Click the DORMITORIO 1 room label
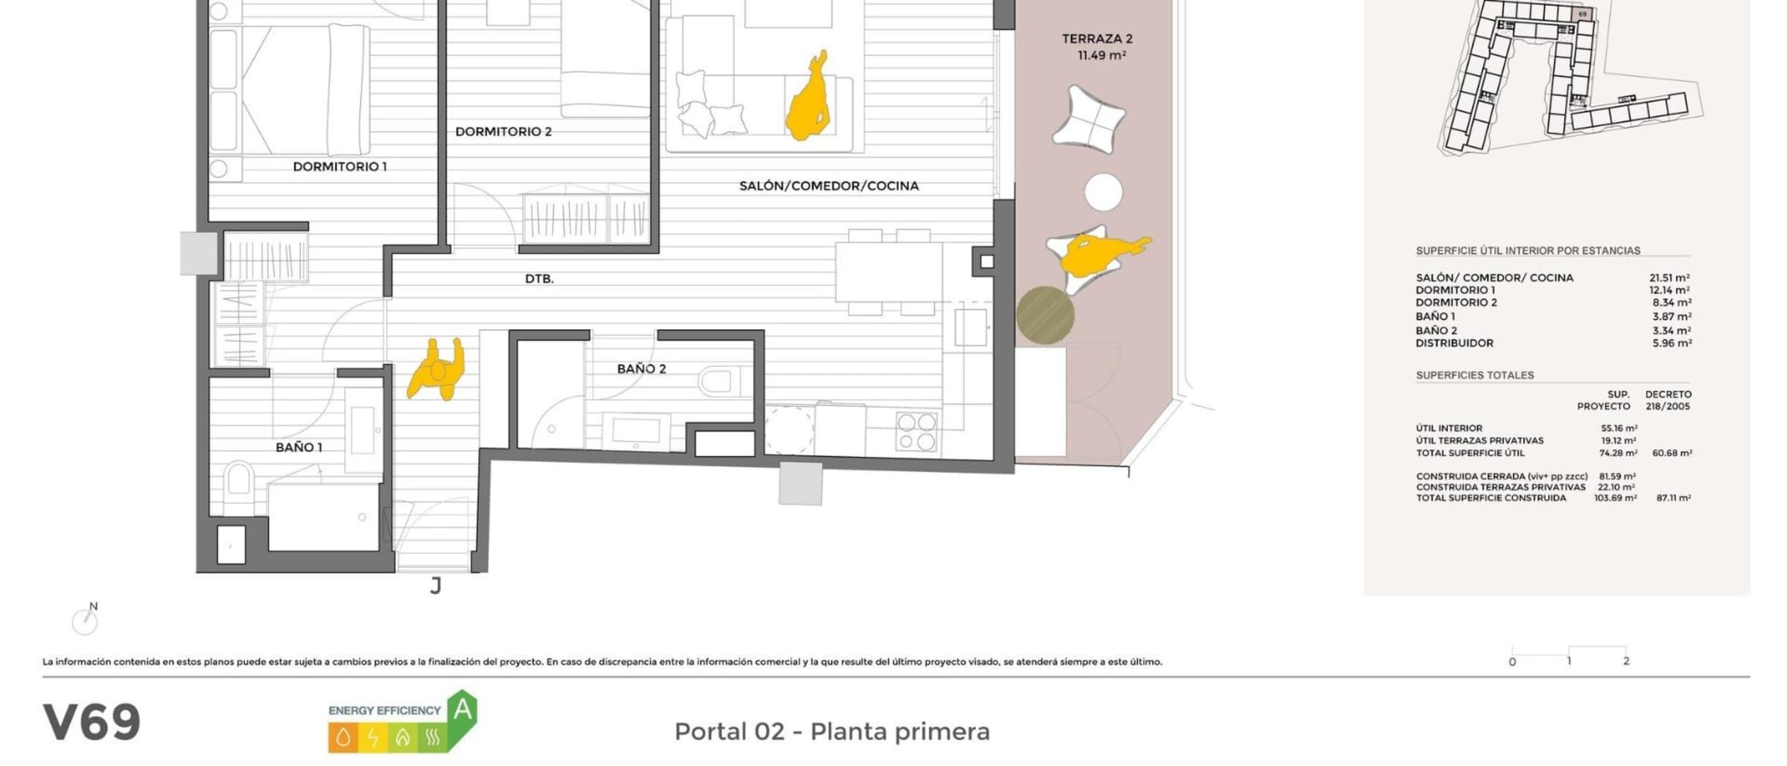pos(340,167)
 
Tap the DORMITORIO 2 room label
pos(503,132)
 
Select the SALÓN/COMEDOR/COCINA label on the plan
pos(829,186)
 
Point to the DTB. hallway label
pos(539,279)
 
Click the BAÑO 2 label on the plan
pos(641,368)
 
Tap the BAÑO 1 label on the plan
pos(299,447)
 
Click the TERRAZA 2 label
pos(1097,39)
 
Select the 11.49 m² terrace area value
pos(1102,56)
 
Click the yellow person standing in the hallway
pos(436,369)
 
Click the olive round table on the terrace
pos(1045,316)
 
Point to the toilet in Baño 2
pos(722,382)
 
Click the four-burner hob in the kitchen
pos(916,432)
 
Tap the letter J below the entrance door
pos(436,587)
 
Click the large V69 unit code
pos(92,722)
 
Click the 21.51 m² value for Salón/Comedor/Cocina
pos(1669,278)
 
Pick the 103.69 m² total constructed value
pos(1615,498)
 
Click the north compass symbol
pos(86,620)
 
